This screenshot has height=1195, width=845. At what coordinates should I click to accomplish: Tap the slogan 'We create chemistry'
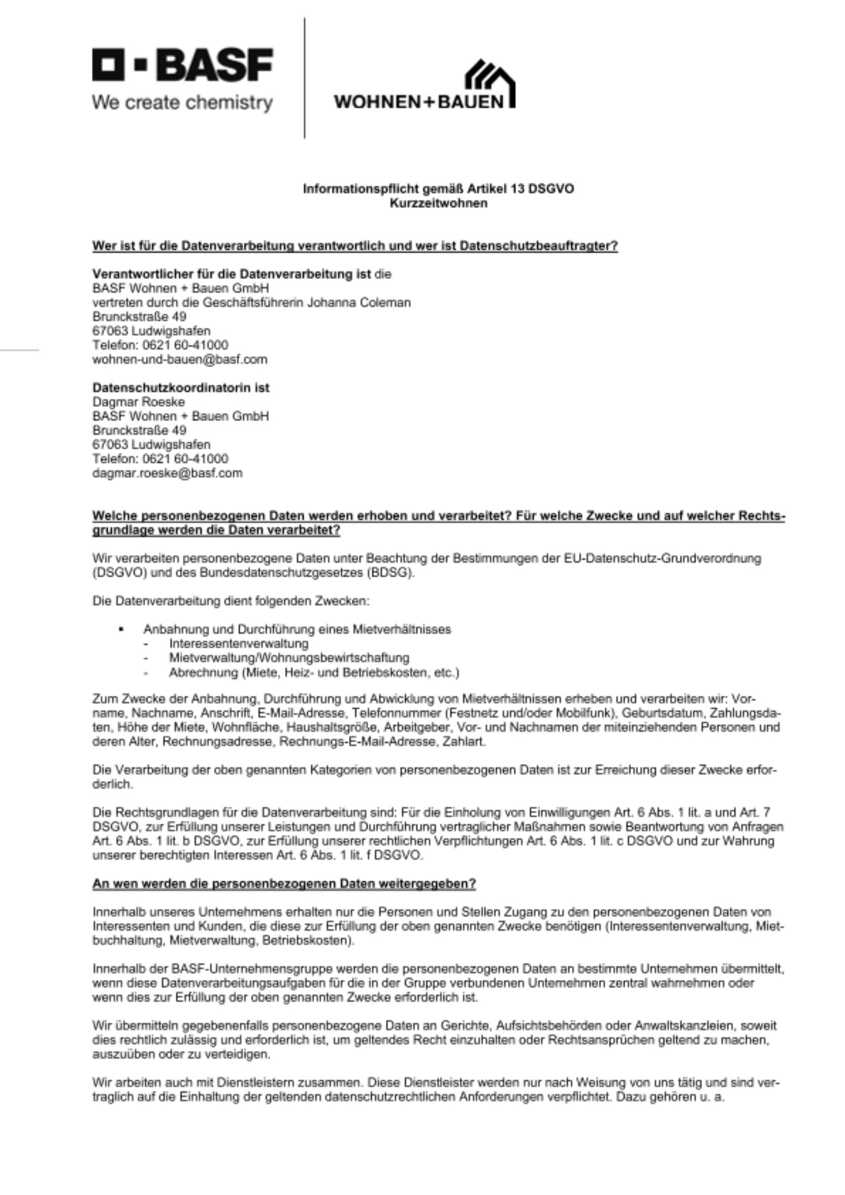(182, 103)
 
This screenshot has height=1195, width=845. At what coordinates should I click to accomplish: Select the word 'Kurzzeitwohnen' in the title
(438, 203)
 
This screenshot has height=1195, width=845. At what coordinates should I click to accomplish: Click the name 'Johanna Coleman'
(359, 302)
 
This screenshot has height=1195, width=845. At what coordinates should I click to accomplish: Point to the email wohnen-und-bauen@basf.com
(179, 360)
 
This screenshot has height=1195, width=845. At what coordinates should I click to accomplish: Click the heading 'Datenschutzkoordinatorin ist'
(180, 388)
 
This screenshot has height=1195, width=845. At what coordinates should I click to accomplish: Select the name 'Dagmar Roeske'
(139, 402)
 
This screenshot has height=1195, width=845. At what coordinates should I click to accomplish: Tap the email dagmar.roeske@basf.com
(167, 473)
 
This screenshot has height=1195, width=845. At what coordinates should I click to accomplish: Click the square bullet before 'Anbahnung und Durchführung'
(122, 629)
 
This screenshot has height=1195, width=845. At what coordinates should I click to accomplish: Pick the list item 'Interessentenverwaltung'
(238, 644)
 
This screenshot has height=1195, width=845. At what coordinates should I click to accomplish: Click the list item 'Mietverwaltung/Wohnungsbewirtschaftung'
(289, 658)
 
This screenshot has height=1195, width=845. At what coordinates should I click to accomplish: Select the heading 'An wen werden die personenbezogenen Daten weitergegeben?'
(284, 884)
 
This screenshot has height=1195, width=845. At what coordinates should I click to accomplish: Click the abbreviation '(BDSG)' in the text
(391, 572)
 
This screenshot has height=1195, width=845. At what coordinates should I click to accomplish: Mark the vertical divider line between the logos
(304, 78)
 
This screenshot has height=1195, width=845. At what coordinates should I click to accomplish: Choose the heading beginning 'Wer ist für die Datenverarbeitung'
(354, 246)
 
